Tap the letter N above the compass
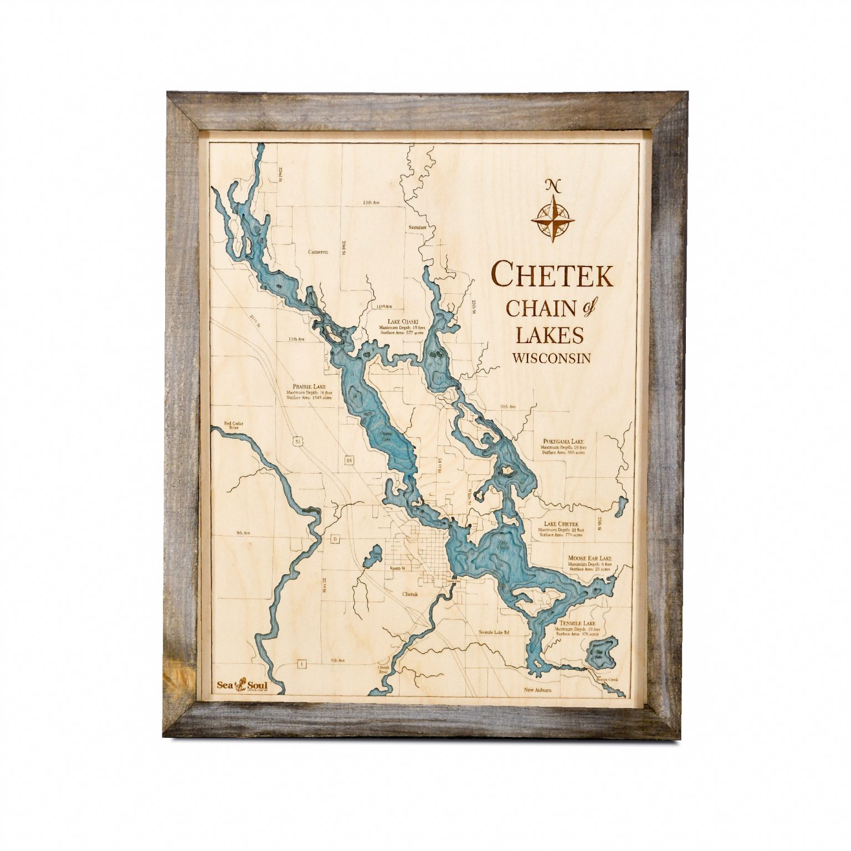click(552, 185)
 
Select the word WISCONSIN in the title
click(551, 358)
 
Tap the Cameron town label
click(318, 252)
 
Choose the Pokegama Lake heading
click(563, 442)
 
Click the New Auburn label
click(539, 690)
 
